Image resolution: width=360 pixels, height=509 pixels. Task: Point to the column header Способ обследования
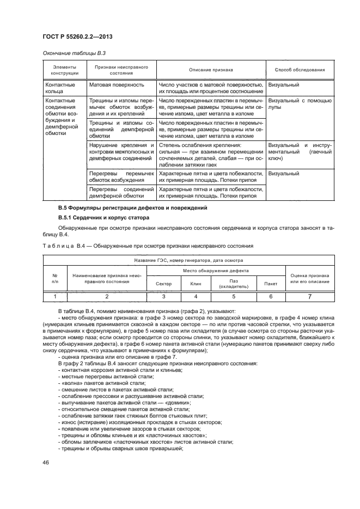coord(300,70)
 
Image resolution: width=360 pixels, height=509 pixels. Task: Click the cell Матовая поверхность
coord(116,85)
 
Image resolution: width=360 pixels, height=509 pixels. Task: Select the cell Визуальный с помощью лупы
coord(300,104)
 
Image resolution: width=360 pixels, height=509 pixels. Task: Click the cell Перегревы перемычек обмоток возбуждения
coord(121,176)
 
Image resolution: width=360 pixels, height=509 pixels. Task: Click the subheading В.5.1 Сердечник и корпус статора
coord(102,218)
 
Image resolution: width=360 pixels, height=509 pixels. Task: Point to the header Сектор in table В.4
coord(163,284)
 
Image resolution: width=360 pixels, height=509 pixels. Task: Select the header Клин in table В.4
coord(196,284)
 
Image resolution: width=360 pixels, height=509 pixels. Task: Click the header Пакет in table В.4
coord(270,284)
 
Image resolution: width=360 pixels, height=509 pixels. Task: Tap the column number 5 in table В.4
coord(233,296)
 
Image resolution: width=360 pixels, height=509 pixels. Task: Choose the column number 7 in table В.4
coord(309,296)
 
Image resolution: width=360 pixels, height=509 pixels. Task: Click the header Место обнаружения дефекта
coord(216,271)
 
